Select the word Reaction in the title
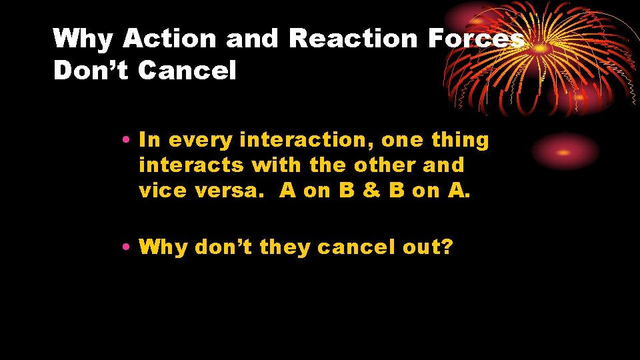pyautogui.click(x=352, y=39)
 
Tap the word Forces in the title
pyautogui.click(x=475, y=39)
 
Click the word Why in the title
pyautogui.click(x=85, y=39)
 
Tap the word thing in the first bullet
pyautogui.click(x=460, y=141)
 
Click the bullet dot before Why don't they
pyautogui.click(x=126, y=248)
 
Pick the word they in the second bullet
pyautogui.click(x=285, y=248)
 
